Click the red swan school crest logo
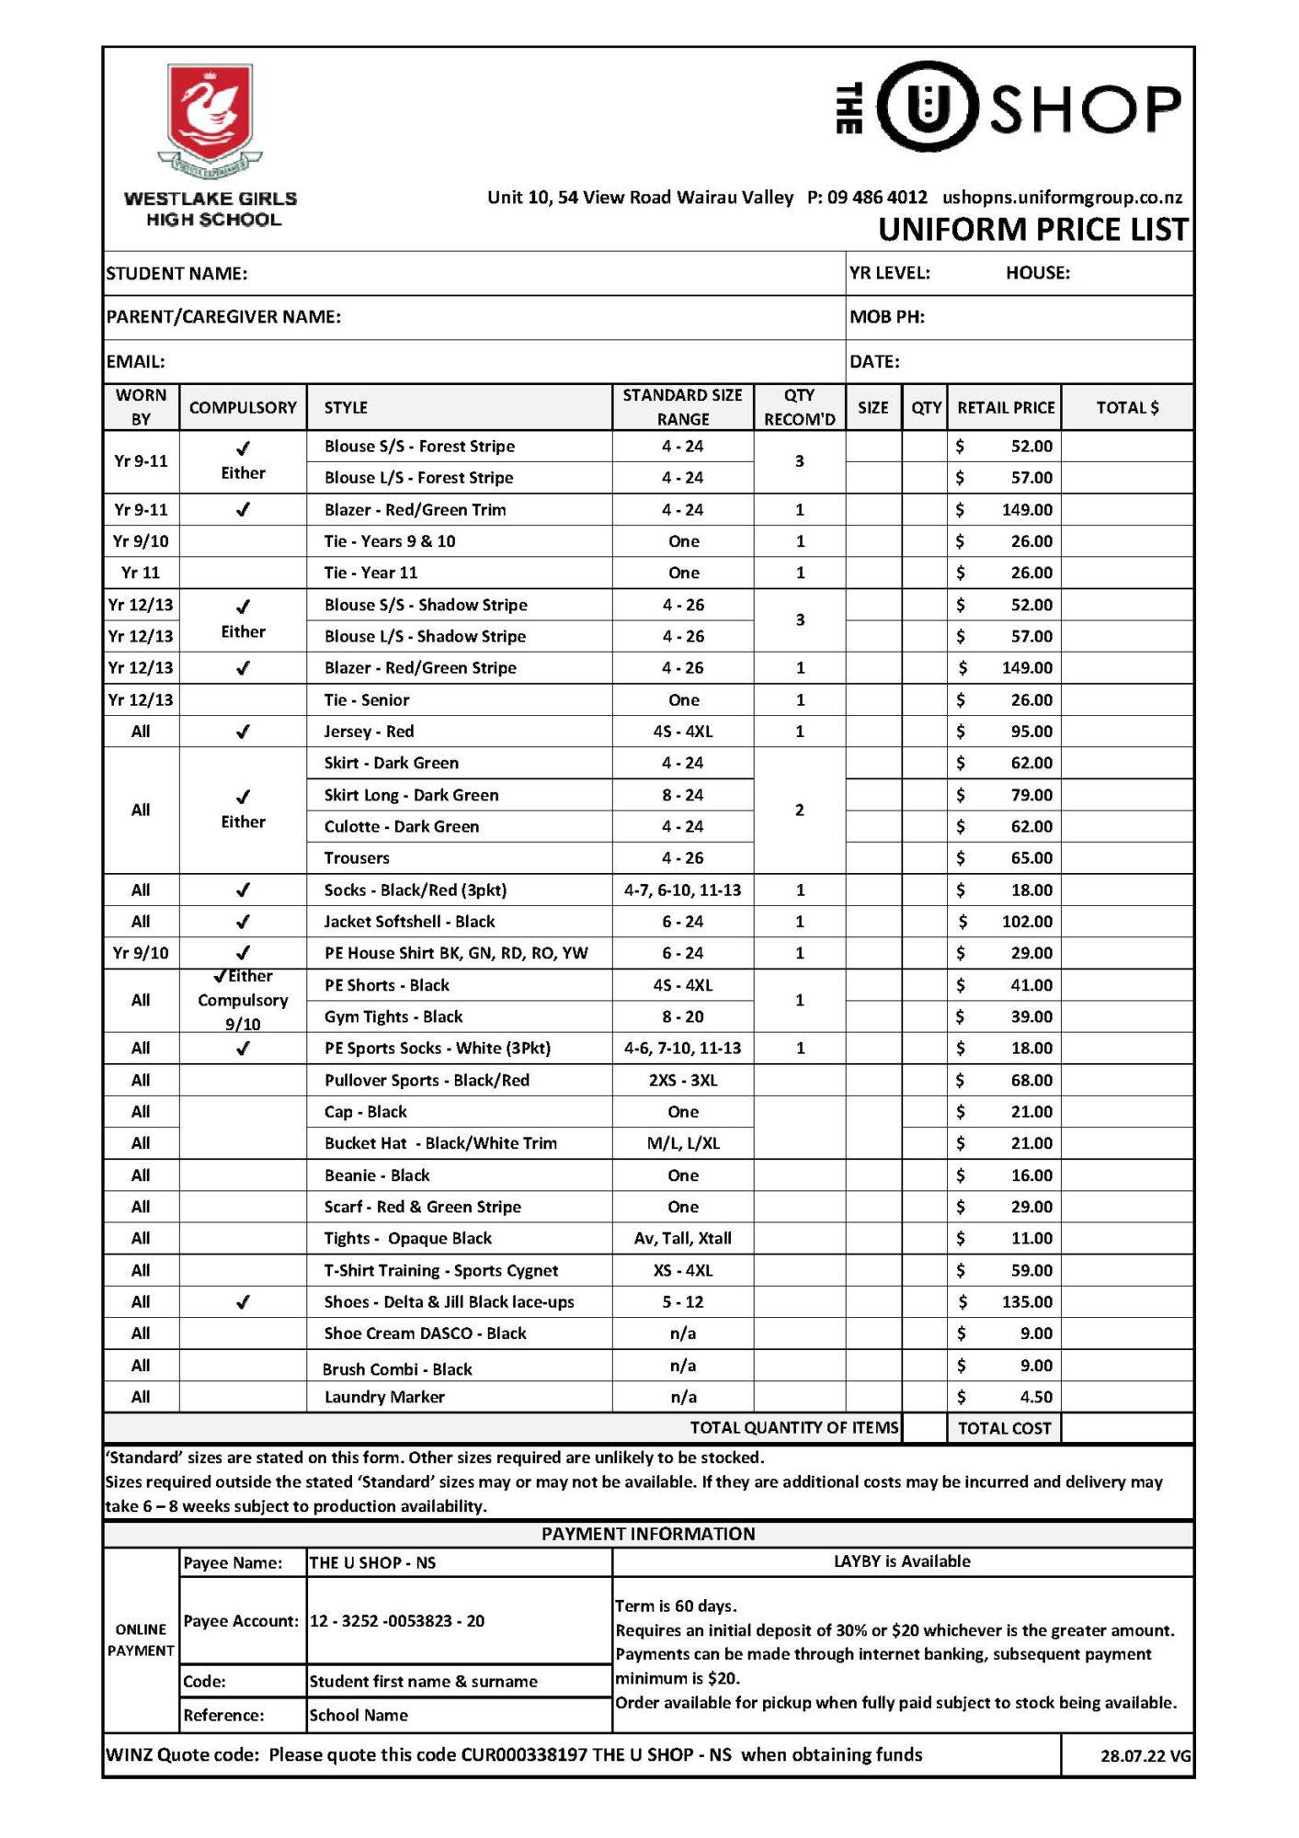click(210, 115)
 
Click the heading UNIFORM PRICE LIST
click(1032, 230)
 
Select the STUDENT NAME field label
click(177, 274)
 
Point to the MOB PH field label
click(886, 317)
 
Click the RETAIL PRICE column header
click(1005, 408)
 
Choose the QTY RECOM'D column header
click(799, 407)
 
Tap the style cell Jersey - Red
click(369, 732)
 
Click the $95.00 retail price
click(1031, 732)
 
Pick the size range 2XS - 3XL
click(683, 1081)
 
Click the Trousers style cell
click(357, 858)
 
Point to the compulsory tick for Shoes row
click(243, 1302)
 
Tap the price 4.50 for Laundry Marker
click(1036, 1398)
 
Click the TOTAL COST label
click(1004, 1428)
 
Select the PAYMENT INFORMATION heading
click(648, 1534)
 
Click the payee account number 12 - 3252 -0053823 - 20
click(397, 1621)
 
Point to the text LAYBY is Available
click(901, 1561)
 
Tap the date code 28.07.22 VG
click(1145, 1756)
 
